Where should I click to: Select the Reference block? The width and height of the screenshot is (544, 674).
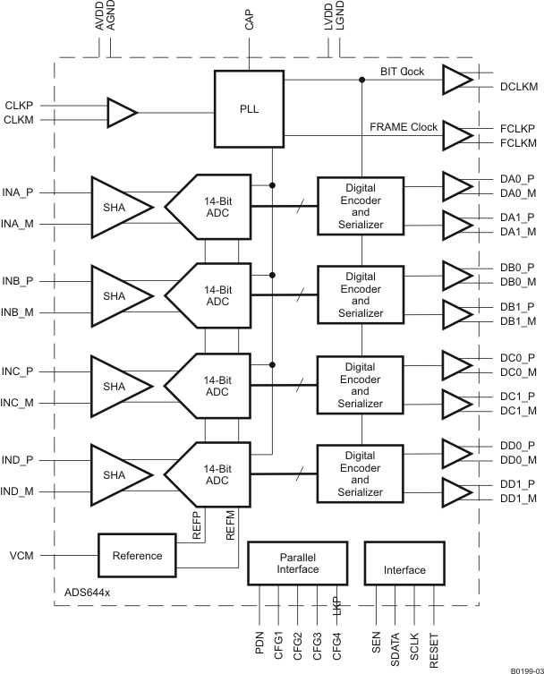click(137, 555)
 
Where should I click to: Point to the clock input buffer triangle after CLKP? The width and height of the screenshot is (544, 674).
click(120, 113)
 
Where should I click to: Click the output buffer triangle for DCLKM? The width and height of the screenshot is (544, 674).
click(456, 81)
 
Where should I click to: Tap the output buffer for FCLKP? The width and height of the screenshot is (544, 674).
click(456, 135)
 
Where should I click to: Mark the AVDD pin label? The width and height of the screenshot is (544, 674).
click(99, 18)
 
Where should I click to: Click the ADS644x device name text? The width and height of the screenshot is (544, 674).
click(88, 593)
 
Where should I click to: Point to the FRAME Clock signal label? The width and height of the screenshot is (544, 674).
click(404, 127)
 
